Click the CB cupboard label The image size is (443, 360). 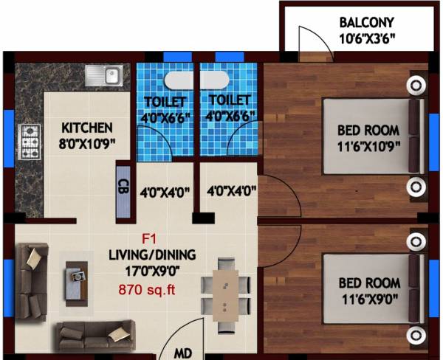(x=123, y=185)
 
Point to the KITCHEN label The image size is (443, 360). (x=87, y=127)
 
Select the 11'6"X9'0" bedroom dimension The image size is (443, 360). (x=369, y=298)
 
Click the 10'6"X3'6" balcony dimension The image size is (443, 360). (x=368, y=38)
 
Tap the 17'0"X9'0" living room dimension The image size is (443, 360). (x=160, y=271)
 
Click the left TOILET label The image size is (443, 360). (x=165, y=100)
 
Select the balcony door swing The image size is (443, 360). (x=309, y=43)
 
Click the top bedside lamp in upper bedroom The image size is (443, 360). (x=416, y=86)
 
